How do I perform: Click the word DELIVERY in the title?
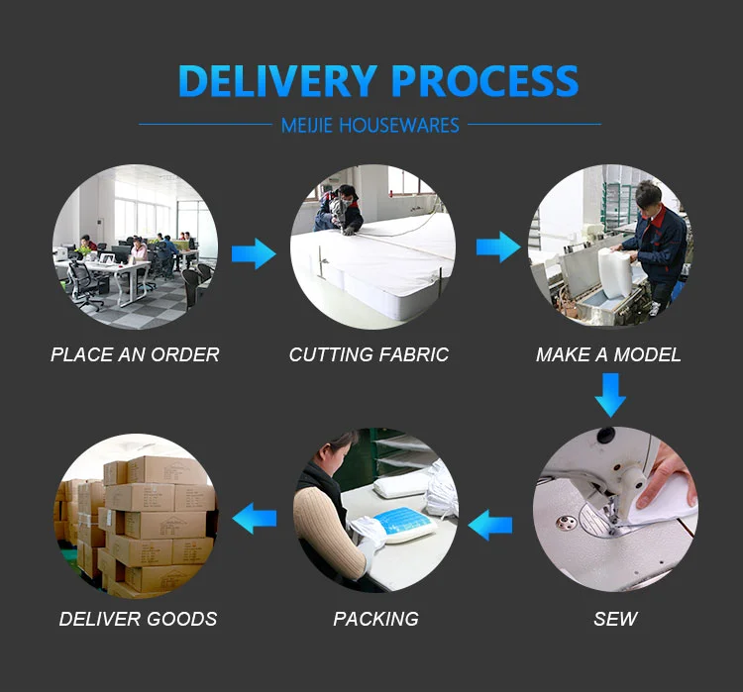279,81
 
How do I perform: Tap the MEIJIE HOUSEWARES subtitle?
370,126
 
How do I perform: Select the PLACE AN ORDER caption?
135,354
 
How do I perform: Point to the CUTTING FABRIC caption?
369,354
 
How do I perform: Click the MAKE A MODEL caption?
608,354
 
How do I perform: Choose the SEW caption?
615,620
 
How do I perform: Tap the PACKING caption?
375,620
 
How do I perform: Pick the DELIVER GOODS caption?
138,620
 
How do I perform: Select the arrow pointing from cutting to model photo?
497,247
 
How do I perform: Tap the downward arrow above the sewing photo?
610,399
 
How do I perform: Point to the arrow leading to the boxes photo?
255,516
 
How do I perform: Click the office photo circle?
135,247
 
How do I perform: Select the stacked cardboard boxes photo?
135,516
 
